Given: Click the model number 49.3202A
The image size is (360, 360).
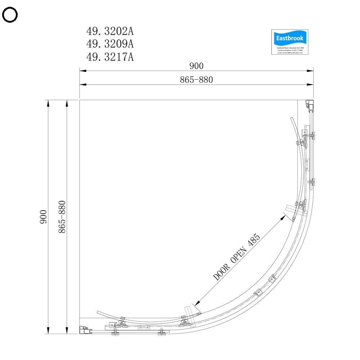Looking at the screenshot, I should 110,31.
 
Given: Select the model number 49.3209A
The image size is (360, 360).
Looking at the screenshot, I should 110,44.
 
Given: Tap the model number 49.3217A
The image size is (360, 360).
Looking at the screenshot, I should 110,57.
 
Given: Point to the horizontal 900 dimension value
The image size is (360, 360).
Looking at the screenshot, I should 196,66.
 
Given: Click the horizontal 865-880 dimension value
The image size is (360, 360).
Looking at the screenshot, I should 196,80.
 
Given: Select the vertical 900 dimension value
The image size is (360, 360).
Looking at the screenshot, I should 43,217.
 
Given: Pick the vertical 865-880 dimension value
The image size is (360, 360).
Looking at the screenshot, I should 62,217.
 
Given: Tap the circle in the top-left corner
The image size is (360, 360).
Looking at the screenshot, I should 10,15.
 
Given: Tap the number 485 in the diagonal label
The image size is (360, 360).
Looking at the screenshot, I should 254,239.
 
